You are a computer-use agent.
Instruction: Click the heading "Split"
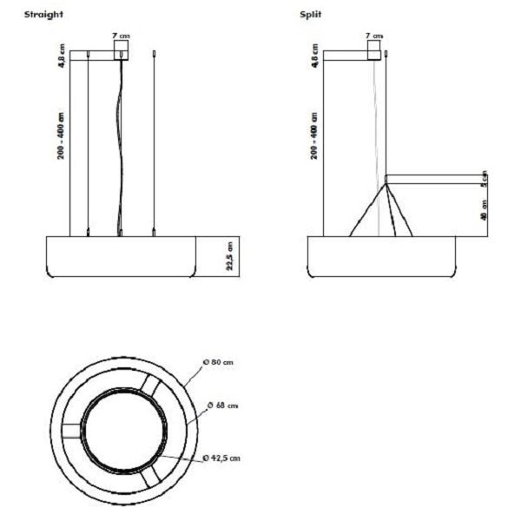pos(310,15)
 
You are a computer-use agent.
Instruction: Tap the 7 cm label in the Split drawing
pos(373,35)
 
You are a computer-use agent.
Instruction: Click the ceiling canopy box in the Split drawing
pos(374,52)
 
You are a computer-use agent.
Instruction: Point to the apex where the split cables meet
pos(386,184)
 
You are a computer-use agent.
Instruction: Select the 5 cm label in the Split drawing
pos(485,178)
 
